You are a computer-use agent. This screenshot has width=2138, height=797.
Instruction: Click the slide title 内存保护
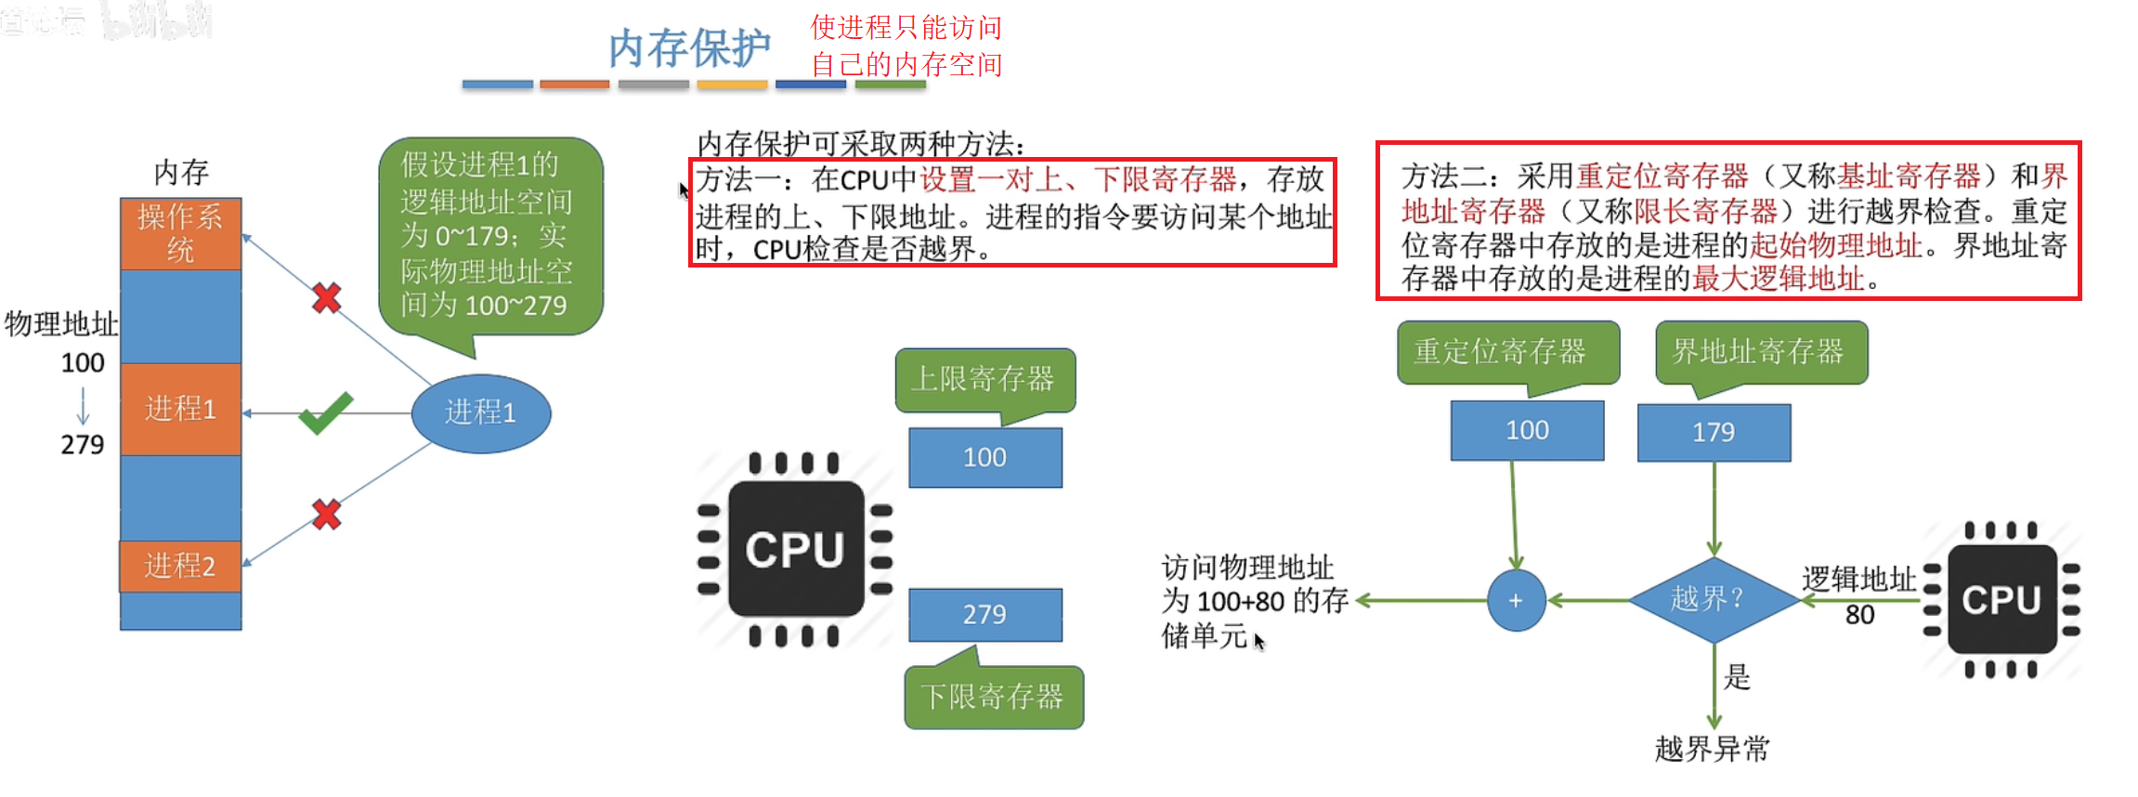tap(689, 48)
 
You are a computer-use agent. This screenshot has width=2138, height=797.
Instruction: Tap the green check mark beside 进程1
tap(325, 413)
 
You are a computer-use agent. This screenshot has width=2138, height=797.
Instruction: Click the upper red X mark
tap(326, 298)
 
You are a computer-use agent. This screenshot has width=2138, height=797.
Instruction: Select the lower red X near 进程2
tap(326, 514)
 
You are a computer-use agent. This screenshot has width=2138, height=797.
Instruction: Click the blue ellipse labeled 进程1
tap(480, 413)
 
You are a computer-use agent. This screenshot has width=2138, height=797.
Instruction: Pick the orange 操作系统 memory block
tap(180, 233)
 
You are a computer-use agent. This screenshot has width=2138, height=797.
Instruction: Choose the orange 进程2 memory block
tap(180, 566)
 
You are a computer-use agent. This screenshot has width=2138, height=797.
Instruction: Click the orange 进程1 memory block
tap(180, 409)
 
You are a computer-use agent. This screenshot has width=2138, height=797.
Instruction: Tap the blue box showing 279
tap(984, 614)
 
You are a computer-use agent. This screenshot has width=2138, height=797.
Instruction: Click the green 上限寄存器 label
tap(984, 379)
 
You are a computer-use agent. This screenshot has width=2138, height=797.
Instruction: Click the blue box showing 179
tap(1714, 432)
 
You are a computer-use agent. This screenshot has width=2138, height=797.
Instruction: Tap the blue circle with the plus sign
tap(1516, 601)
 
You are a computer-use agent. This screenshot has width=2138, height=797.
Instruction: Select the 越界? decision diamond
tap(1714, 600)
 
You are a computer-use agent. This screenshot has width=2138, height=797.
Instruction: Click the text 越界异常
tap(1713, 749)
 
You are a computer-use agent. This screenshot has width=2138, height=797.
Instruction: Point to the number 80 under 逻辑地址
tap(1859, 615)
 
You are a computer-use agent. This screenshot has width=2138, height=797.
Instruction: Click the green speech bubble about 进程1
tap(489, 236)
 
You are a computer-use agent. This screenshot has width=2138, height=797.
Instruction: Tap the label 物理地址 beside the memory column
tap(61, 323)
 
